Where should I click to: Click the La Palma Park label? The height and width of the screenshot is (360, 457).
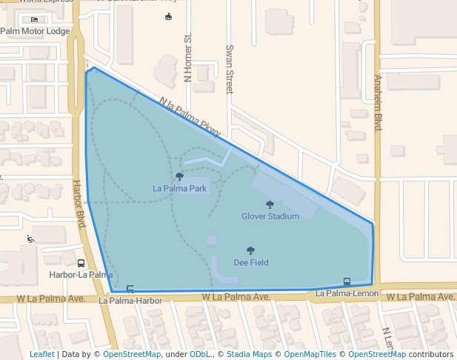179,188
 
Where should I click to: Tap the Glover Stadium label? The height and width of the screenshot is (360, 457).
270,216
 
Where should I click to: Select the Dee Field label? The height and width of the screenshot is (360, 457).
250,262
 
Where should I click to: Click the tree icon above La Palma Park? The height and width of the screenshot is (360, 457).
179,176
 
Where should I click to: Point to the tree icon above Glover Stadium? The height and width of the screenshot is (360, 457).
270,204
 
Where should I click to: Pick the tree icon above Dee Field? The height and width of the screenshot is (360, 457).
250,250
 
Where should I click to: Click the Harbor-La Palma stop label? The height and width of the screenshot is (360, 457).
81,275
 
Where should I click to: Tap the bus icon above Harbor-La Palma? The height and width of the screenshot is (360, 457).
81,263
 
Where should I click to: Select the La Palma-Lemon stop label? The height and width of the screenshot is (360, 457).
347,294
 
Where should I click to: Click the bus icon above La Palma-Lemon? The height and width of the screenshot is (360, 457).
347,281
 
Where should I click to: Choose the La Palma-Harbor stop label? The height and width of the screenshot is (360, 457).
130,301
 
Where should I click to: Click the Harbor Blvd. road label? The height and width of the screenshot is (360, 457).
76,204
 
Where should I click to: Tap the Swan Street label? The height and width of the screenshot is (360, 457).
229,68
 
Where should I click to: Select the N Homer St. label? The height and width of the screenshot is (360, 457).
187,58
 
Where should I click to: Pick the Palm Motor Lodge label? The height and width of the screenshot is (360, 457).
35,31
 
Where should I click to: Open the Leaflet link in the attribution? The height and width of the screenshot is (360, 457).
41,354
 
